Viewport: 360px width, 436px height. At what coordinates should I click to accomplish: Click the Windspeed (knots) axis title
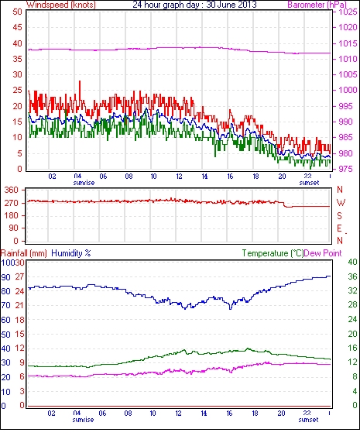point(60,5)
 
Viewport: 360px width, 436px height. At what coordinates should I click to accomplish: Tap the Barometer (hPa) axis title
point(317,5)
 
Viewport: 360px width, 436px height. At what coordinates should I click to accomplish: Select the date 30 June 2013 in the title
point(231,5)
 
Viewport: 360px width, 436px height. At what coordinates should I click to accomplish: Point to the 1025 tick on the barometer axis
point(348,12)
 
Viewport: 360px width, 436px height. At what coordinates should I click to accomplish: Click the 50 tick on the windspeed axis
point(17,12)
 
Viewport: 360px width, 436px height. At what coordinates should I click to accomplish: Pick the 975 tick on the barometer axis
point(345,169)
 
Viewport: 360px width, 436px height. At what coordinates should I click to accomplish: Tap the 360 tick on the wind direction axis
point(12,191)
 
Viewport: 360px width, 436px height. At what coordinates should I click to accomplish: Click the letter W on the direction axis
point(341,202)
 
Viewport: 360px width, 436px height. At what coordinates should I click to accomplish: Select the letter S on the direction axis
point(339,215)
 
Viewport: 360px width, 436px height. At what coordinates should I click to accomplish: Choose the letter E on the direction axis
point(339,228)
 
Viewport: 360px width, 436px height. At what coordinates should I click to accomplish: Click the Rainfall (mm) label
point(24,253)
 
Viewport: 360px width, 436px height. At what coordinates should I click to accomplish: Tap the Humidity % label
point(71,253)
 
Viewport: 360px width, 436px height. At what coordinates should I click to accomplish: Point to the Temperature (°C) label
point(273,253)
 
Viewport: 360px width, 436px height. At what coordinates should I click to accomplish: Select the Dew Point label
point(323,253)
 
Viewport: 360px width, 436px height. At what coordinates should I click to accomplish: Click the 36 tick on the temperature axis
point(352,276)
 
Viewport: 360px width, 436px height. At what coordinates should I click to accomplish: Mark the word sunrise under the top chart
point(84,183)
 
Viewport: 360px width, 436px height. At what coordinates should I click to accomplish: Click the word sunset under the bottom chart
point(308,419)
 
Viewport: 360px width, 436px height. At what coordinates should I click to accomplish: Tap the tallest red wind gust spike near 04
point(80,81)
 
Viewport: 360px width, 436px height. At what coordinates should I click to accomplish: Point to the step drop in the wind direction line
point(285,204)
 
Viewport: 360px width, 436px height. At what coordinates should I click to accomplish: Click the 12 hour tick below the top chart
point(179,177)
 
